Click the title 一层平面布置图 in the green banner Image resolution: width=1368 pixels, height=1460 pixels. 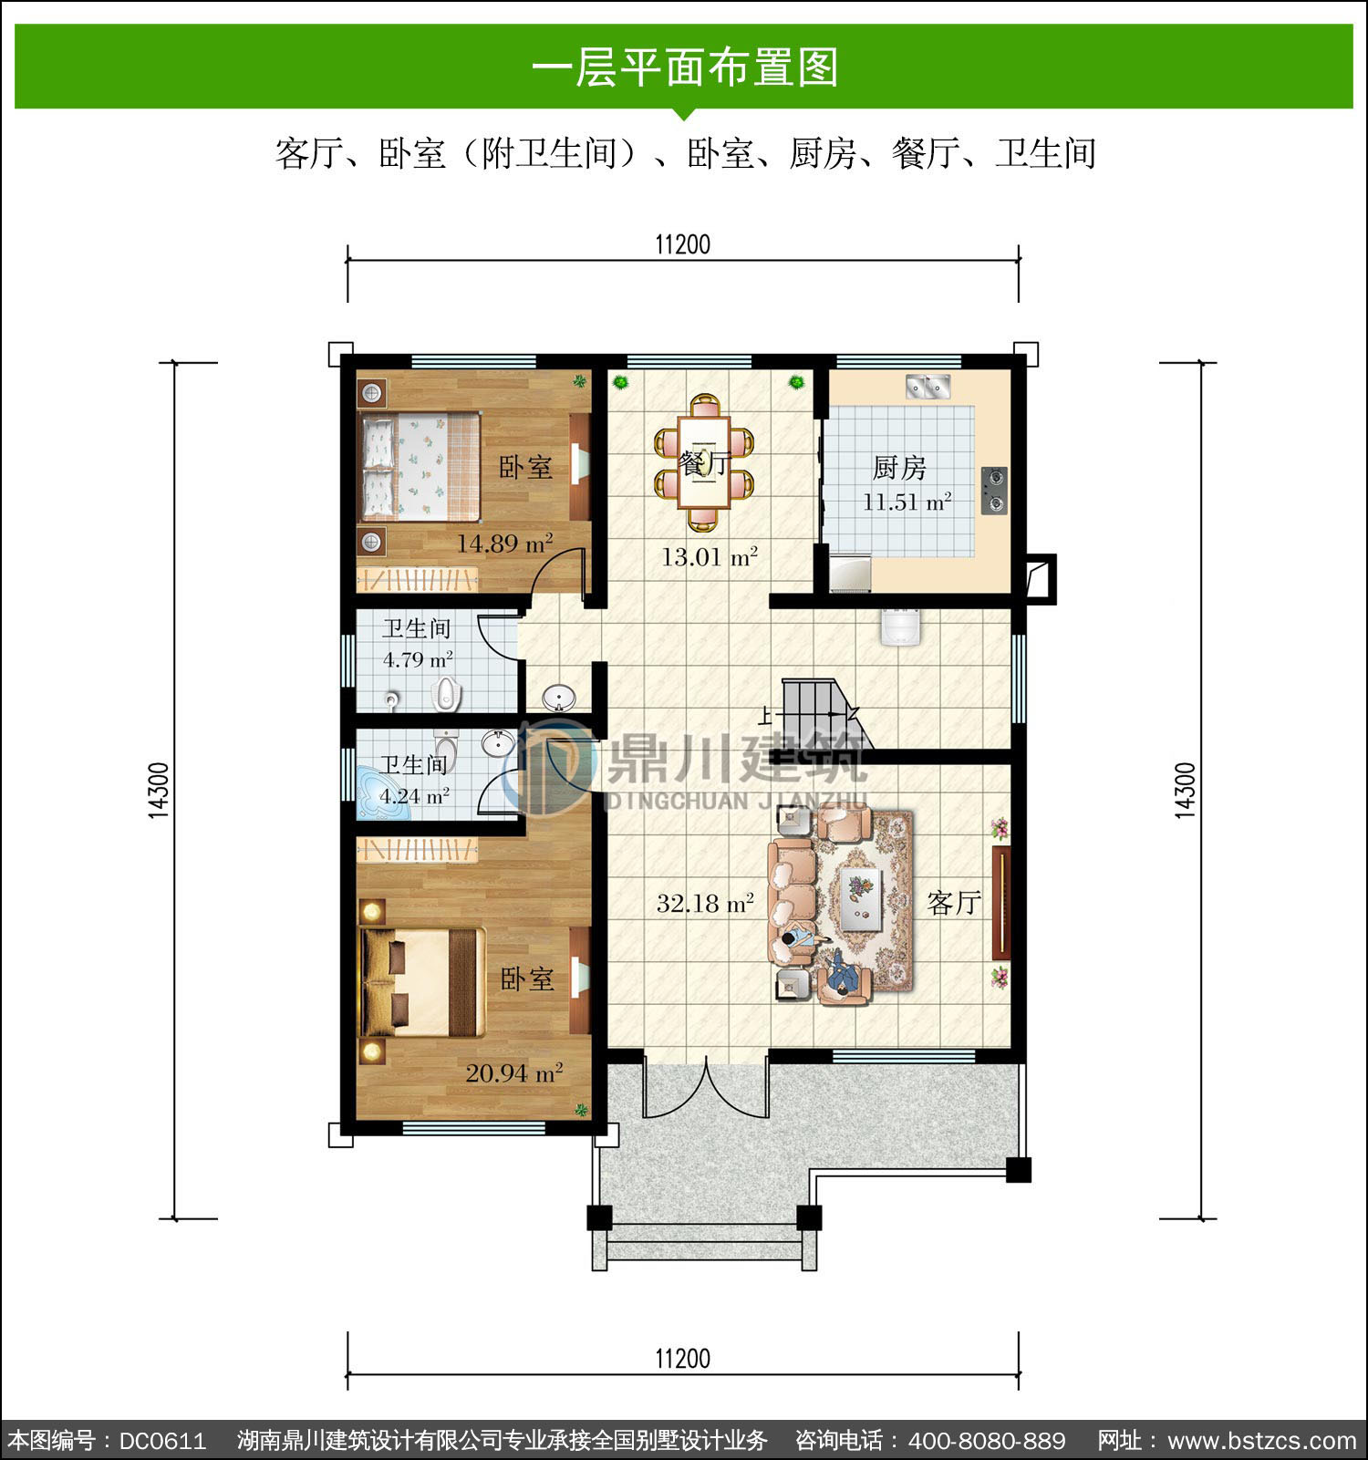tap(684, 67)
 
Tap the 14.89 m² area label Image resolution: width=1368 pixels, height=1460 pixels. tap(504, 544)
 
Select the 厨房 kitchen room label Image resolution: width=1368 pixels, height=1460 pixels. tap(899, 468)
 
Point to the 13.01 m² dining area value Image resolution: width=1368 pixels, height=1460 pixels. tap(710, 556)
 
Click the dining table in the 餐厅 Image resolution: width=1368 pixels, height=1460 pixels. tap(704, 462)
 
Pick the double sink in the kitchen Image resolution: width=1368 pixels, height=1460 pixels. tap(928, 386)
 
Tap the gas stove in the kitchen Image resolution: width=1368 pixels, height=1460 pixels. tap(994, 491)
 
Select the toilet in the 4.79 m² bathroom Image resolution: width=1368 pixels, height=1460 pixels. tap(446, 694)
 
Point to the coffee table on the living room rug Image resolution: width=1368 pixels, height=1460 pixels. tap(860, 898)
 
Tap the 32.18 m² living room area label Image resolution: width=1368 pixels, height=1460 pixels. tap(705, 904)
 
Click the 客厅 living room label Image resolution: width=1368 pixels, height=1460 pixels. tap(954, 903)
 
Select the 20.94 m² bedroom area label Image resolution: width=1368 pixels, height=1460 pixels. tap(513, 1072)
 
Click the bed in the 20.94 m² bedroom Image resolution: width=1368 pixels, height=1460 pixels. tap(422, 982)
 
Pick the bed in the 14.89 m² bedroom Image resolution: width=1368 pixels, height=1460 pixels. tap(420, 467)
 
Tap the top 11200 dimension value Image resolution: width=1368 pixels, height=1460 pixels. tap(682, 244)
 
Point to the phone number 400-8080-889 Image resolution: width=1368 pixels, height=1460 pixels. tap(987, 1441)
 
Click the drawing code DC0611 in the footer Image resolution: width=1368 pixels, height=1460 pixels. tap(162, 1441)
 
